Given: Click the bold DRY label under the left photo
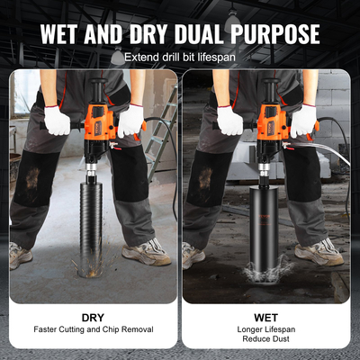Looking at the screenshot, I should (94, 317).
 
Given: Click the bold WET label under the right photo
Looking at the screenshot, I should (265, 317).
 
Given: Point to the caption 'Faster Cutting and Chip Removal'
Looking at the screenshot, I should (94, 330).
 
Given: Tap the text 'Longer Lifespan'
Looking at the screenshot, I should (265, 330).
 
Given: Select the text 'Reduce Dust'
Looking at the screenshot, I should (265, 342).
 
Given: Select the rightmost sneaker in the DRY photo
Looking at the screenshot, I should (144, 253).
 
